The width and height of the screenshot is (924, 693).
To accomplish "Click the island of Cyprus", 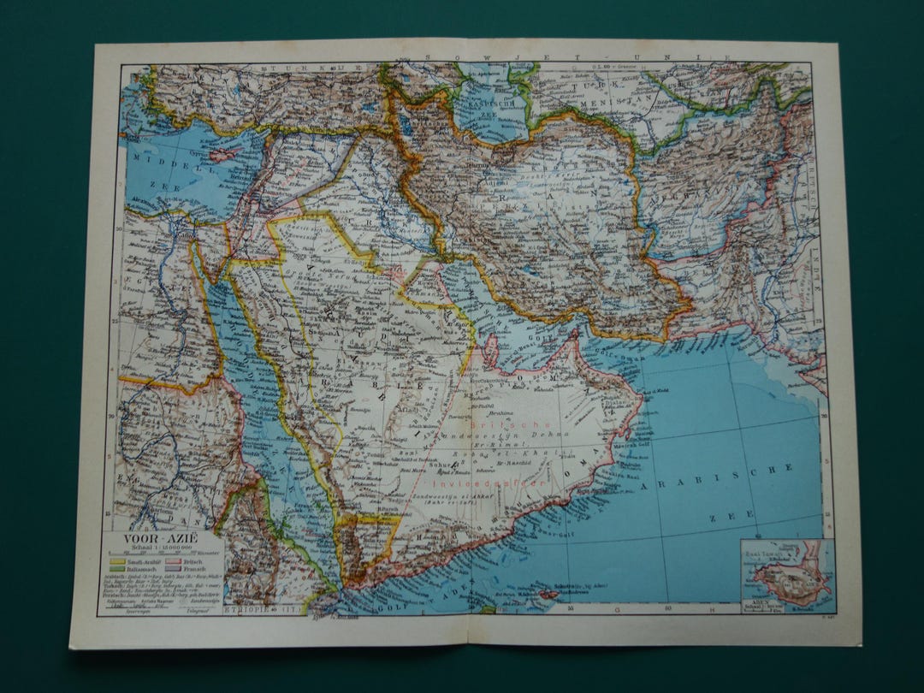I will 225,154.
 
